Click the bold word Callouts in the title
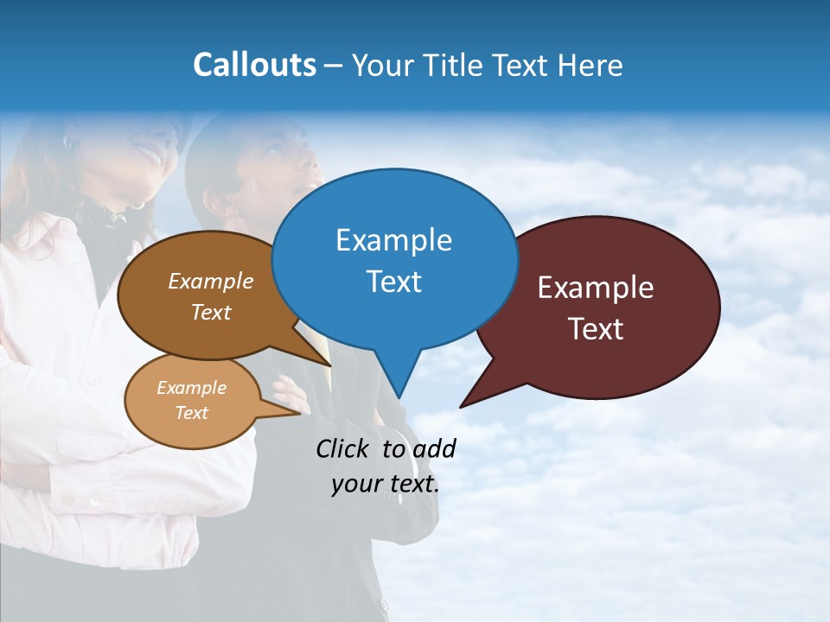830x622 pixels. [254, 65]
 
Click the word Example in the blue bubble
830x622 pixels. [393, 240]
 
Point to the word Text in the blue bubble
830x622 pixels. [393, 282]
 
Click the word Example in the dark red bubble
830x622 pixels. [596, 288]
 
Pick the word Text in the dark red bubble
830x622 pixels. [596, 329]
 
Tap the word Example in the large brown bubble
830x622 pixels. [211, 281]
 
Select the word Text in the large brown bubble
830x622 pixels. [211, 312]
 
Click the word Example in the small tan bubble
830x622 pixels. [192, 388]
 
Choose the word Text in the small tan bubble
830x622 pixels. [192, 413]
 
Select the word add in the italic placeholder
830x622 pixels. [434, 448]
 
